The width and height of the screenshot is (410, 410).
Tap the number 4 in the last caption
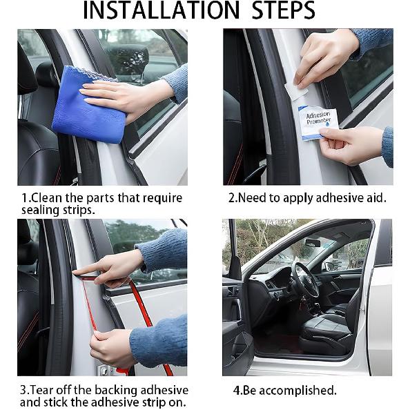coord(237,390)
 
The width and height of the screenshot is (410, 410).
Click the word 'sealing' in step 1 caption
coord(41,210)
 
